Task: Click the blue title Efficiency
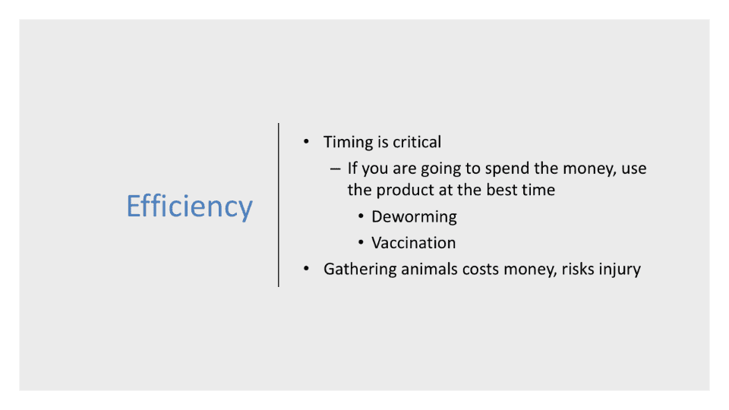click(189, 206)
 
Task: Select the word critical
click(417, 142)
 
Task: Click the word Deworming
click(414, 216)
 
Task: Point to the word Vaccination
click(413, 243)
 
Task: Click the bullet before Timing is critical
click(306, 141)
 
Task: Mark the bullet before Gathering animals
click(306, 269)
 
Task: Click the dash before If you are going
click(335, 169)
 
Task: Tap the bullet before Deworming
click(361, 216)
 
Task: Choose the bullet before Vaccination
click(361, 242)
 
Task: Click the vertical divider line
click(279, 205)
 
